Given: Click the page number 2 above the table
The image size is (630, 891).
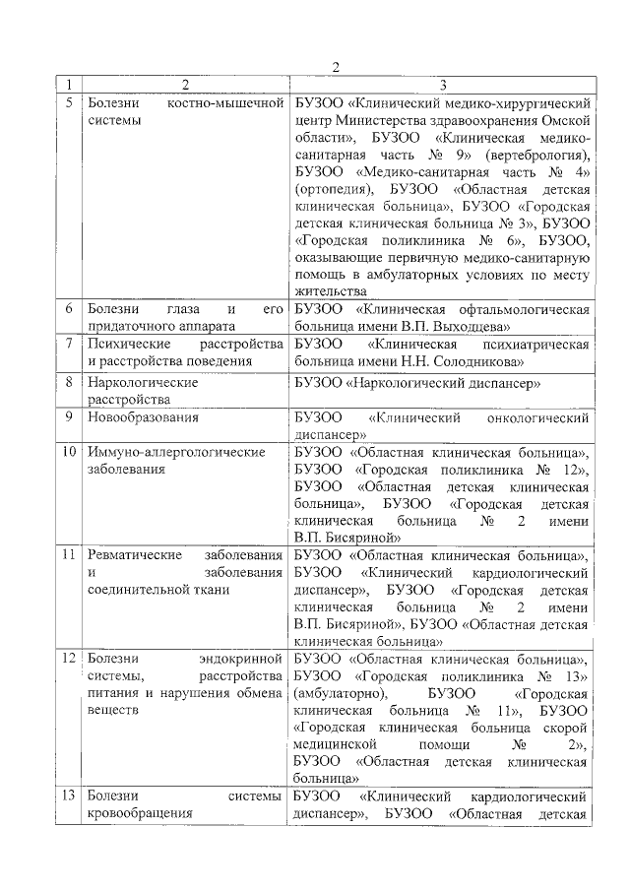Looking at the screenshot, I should point(335,67).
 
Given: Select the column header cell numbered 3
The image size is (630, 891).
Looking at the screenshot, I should point(443,85).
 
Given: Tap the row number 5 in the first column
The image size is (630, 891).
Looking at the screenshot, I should point(68,102).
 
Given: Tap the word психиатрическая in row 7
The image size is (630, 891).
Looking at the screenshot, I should point(536,345).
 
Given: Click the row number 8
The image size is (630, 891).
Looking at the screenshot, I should point(68,381).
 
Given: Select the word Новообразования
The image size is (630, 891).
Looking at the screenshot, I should point(143,416).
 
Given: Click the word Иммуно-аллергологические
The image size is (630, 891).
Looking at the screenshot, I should point(177,452).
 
